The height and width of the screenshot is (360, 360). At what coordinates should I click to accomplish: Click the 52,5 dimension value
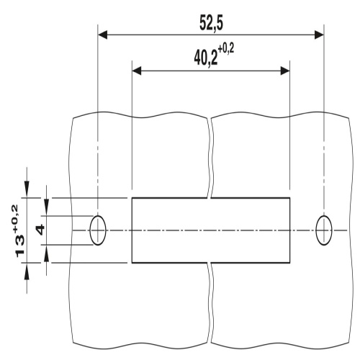[211, 23]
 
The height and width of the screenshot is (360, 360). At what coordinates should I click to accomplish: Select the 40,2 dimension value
[206, 58]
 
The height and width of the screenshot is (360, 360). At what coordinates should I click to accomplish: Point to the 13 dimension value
[20, 246]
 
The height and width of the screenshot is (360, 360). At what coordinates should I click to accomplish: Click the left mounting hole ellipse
[98, 230]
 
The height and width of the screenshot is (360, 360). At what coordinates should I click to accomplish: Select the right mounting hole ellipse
[324, 230]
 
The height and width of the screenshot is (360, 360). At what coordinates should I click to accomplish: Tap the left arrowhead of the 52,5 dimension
[102, 35]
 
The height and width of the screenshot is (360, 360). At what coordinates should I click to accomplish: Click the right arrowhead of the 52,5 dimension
[320, 35]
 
